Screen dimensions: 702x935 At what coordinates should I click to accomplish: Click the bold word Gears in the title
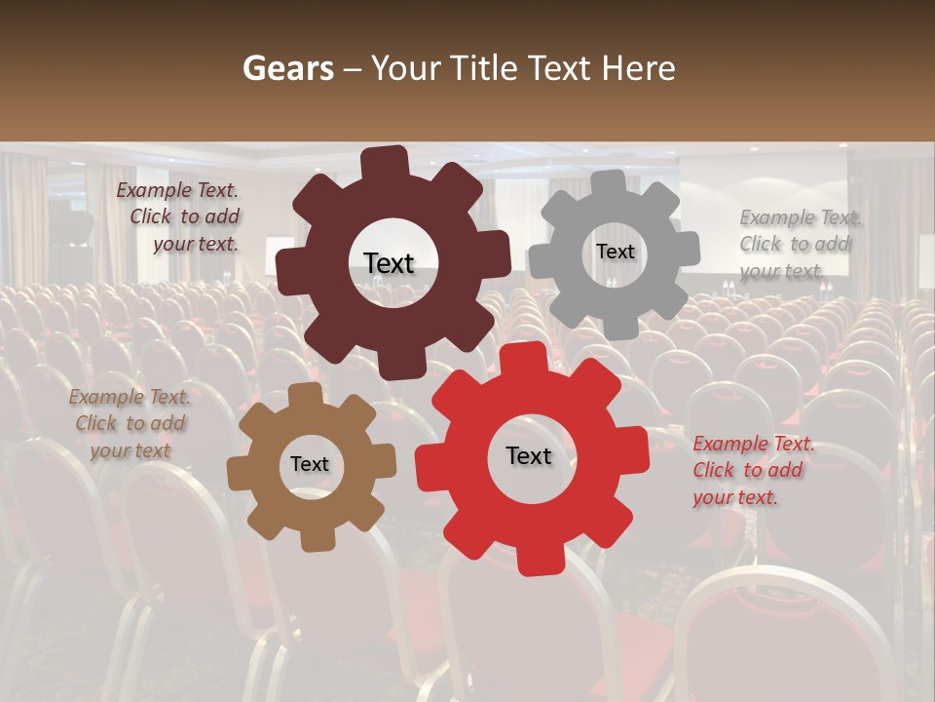tap(287, 68)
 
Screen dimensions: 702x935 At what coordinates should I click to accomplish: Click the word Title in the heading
tap(485, 68)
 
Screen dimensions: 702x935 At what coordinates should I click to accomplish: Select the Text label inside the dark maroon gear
tap(389, 263)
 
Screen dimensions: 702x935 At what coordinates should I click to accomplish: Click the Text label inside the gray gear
tap(615, 252)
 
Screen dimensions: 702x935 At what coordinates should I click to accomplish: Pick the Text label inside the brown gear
tap(310, 465)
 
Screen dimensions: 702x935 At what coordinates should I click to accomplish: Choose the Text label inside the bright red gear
tap(529, 455)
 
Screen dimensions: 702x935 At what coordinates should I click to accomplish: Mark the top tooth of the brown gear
tap(305, 395)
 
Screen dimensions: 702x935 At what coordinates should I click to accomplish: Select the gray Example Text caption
tap(799, 244)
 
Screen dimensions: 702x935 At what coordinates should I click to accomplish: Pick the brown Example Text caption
tap(130, 424)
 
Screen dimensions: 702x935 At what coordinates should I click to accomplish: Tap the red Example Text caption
tap(752, 471)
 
